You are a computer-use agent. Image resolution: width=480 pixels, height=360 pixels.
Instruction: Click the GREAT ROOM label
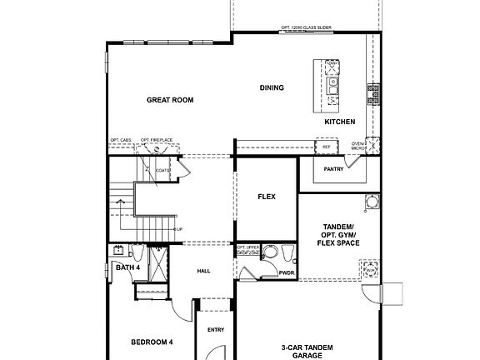[170, 100]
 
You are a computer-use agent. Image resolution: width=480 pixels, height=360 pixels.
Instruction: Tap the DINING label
[272, 87]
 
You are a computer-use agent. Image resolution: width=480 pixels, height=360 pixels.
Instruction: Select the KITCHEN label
[340, 122]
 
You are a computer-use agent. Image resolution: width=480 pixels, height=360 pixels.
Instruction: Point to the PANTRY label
[334, 169]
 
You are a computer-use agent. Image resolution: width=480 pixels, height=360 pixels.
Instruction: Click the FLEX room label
[267, 197]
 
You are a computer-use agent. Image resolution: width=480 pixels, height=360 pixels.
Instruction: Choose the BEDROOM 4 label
[152, 342]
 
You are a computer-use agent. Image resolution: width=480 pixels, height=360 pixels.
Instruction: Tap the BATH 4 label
[127, 267]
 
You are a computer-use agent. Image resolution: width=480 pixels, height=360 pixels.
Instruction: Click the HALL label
[203, 272]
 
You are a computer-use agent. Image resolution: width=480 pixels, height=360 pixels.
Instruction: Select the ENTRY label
[216, 330]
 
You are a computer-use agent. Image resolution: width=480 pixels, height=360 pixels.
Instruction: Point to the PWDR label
[287, 272]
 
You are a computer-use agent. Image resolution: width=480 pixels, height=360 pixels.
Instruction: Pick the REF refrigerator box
[327, 147]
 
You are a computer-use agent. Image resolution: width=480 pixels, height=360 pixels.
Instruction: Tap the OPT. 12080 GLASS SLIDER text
[307, 27]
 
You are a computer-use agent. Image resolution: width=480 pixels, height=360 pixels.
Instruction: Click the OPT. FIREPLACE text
[156, 140]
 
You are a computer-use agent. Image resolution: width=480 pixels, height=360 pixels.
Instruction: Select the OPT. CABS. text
[121, 140]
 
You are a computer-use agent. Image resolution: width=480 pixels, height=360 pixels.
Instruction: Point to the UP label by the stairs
[179, 230]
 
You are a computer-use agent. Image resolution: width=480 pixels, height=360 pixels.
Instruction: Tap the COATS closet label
[162, 171]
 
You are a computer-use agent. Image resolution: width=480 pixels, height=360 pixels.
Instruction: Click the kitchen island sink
[332, 82]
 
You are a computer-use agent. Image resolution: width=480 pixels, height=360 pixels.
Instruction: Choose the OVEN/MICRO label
[358, 147]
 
